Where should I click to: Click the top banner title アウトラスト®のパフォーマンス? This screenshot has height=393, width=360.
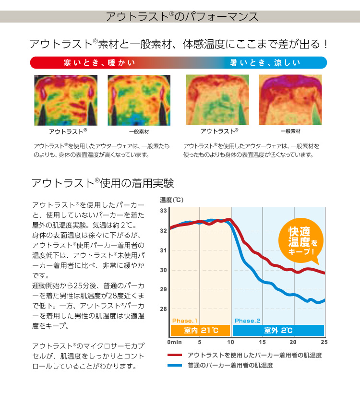point(181,16)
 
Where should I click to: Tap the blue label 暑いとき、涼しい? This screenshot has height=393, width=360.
point(264,63)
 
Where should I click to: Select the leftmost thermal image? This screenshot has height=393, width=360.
point(66,100)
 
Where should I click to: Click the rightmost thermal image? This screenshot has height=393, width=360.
point(290,100)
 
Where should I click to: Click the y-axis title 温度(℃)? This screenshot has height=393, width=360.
point(172,200)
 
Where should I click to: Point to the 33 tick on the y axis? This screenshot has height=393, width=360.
point(163,211)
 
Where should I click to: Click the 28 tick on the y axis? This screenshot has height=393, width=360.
point(163,309)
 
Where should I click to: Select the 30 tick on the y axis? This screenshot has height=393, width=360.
point(163,270)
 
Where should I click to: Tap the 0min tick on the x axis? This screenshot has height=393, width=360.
point(174,342)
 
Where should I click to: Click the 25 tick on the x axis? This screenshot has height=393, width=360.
point(324,342)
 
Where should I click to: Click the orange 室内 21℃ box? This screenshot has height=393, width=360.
point(201,331)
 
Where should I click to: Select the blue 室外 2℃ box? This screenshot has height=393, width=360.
point(278,331)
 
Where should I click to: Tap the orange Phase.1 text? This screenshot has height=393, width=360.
point(185,321)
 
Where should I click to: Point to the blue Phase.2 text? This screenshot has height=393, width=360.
point(247,321)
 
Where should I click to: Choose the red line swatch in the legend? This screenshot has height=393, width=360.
point(175,355)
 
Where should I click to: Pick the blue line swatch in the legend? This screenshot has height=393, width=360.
point(175,366)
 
